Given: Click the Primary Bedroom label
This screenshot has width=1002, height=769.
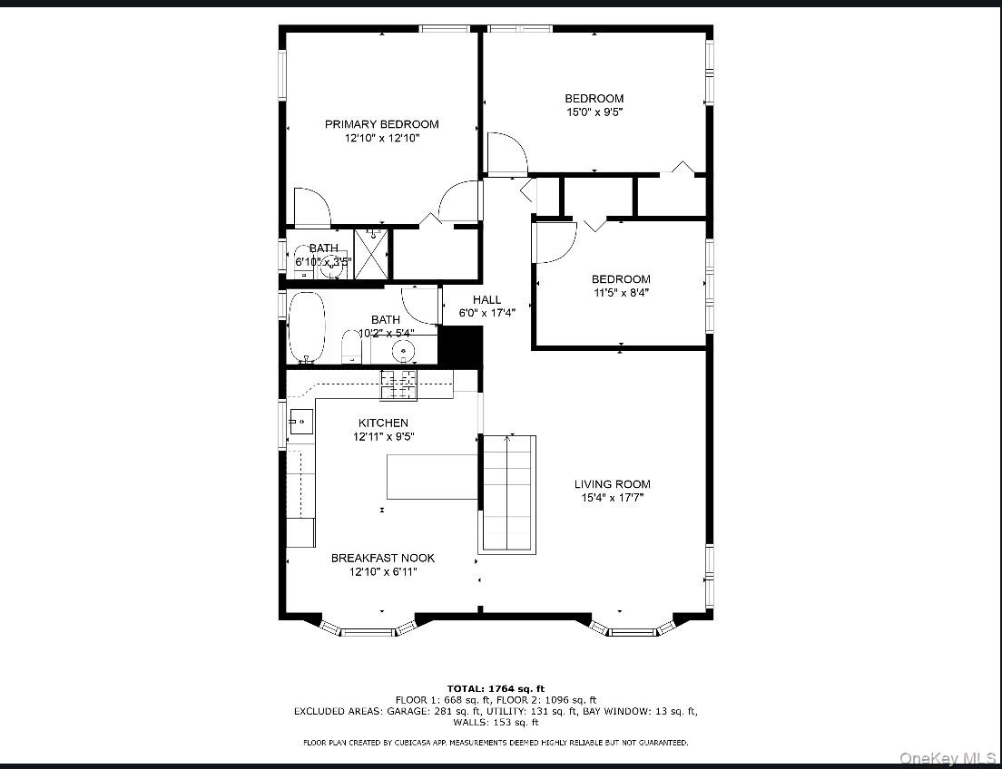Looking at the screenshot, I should click(x=381, y=124).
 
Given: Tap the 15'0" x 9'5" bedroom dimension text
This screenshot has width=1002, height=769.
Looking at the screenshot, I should click(x=594, y=112).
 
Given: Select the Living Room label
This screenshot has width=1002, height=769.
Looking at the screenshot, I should click(x=612, y=484).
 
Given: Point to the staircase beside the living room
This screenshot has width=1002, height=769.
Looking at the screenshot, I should click(x=506, y=493).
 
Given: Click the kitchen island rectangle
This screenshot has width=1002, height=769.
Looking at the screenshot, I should click(x=432, y=477).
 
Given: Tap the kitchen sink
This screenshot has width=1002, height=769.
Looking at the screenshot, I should click(x=300, y=421).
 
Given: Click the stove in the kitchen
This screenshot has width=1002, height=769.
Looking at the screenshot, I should click(x=398, y=384).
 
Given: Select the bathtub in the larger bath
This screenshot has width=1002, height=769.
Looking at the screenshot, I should click(x=306, y=327).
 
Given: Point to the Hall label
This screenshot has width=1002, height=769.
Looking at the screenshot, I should click(x=486, y=300).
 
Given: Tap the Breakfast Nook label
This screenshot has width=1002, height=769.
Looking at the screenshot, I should click(x=382, y=559).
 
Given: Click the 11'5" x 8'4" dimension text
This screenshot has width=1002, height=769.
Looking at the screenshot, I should click(x=621, y=293).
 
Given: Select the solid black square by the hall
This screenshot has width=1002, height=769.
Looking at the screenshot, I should click(x=460, y=346).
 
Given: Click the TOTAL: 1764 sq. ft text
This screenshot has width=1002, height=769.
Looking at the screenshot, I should click(x=495, y=688).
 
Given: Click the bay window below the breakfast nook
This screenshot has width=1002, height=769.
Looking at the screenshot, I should click(x=368, y=628).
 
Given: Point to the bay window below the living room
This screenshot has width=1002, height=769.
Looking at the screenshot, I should click(x=633, y=628).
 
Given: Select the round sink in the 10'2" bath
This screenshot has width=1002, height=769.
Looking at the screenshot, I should click(x=402, y=350).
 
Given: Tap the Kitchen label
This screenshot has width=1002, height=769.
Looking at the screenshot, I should click(x=382, y=423).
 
